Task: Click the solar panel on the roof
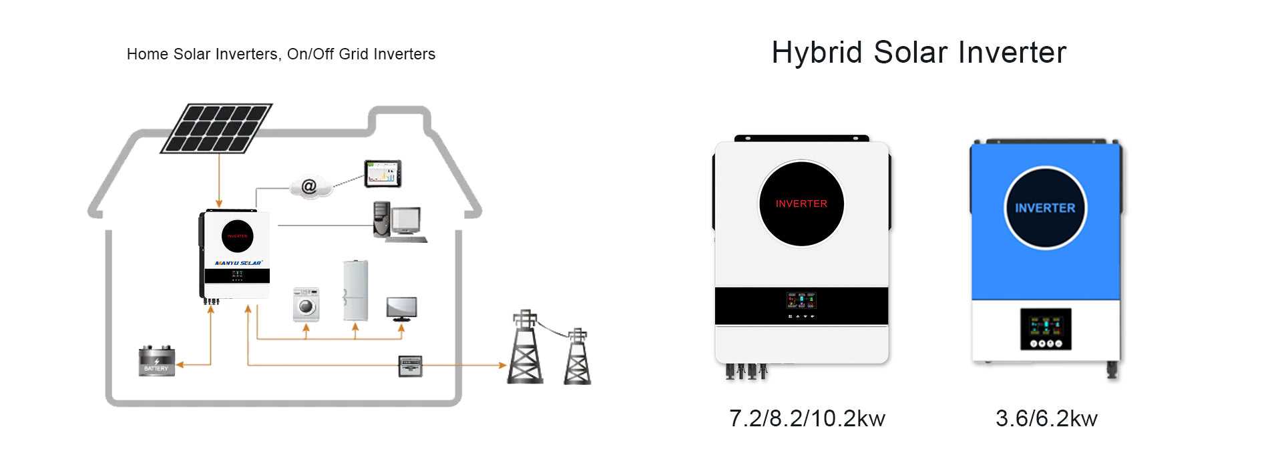[216, 128]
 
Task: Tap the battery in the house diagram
[156, 361]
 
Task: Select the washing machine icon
[306, 304]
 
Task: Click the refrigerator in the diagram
[355, 291]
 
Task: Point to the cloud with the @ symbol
[310, 187]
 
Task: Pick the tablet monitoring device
[383, 173]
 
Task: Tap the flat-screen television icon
[401, 308]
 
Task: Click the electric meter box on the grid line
[410, 366]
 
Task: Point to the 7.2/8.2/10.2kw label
[807, 418]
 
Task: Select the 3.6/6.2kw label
[1046, 418]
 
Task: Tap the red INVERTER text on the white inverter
[801, 203]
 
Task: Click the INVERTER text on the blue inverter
[1045, 208]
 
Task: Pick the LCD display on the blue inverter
[1046, 329]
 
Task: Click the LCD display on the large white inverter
[801, 300]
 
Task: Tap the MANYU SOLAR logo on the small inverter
[238, 263]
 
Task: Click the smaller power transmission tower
[578, 357]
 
